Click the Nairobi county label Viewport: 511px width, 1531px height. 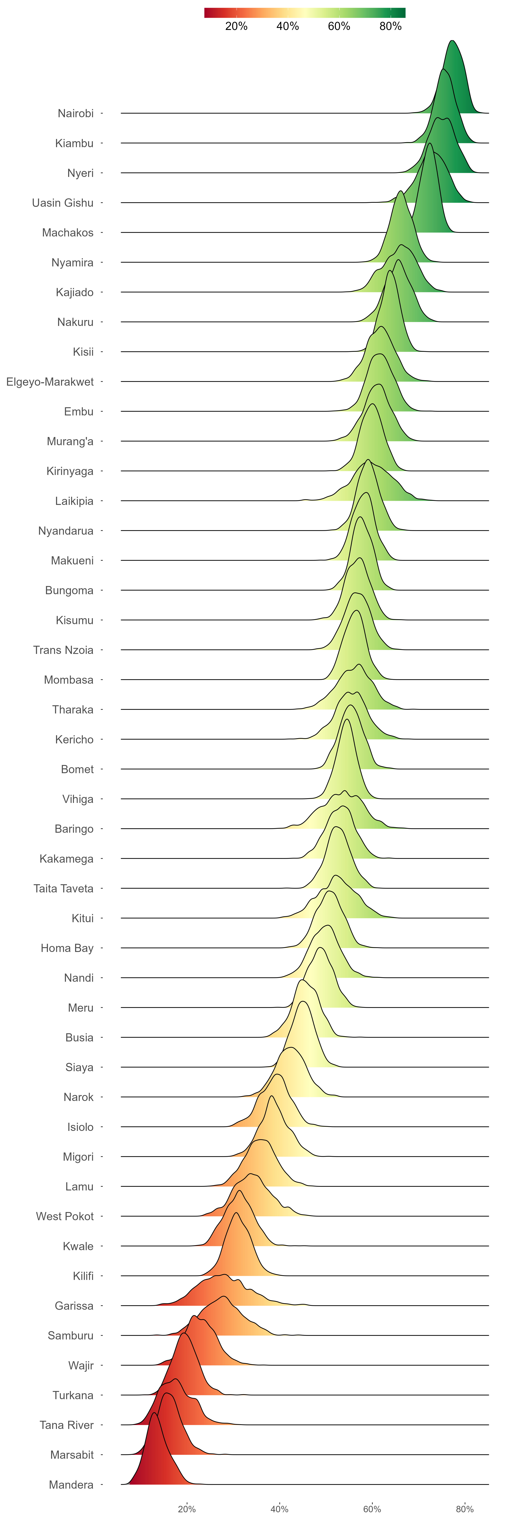coord(76,113)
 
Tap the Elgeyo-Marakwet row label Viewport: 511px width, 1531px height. coord(50,382)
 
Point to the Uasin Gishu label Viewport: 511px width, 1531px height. coord(63,203)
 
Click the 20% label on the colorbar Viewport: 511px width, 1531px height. coord(236,26)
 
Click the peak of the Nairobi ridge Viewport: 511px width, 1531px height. coord(453,41)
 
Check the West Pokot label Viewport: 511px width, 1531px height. coord(65,1217)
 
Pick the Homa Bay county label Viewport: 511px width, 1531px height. coord(67,948)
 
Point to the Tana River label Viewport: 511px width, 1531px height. coord(67,1425)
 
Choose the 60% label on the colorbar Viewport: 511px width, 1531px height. coord(339,26)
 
